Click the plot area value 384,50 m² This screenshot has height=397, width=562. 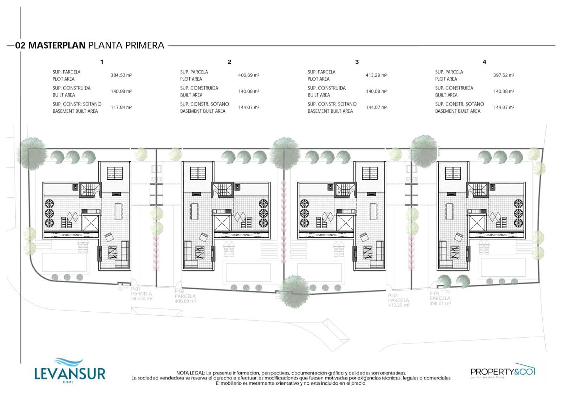(121, 75)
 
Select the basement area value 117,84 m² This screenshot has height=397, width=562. (121, 107)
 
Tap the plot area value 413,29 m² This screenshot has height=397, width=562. (376, 75)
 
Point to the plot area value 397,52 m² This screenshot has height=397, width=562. (504, 75)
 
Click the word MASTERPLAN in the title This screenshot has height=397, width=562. (57, 45)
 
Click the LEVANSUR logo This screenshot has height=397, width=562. (70, 371)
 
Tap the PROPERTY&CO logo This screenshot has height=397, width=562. (502, 371)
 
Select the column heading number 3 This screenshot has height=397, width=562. (357, 62)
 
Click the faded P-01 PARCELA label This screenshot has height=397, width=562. (141, 294)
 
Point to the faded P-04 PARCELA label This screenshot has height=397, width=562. (440, 298)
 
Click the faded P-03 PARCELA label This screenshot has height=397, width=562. (398, 300)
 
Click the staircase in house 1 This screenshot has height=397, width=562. (90, 190)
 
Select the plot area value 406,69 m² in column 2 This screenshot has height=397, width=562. (249, 75)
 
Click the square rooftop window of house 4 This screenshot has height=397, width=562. (453, 173)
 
